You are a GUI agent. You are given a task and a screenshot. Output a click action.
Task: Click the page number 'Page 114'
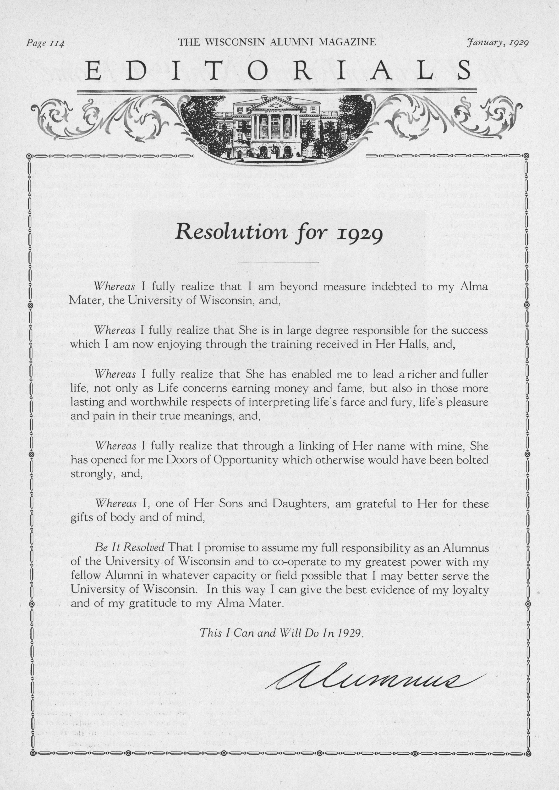[x=45, y=43]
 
